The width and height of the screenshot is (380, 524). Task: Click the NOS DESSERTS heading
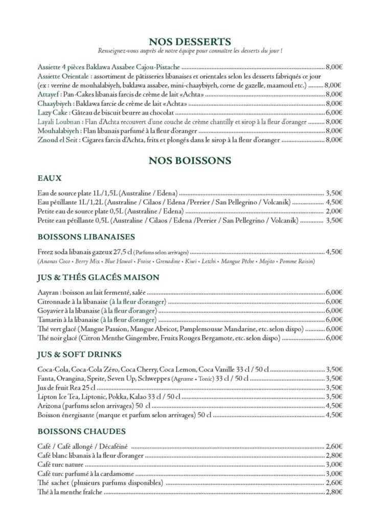(189, 41)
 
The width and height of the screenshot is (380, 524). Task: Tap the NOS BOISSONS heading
(189, 161)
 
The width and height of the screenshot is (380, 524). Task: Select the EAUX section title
(50, 179)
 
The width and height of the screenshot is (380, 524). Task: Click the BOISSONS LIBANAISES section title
(86, 237)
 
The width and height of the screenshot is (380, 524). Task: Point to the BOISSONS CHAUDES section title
(82, 430)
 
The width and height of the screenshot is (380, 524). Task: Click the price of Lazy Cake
(333, 113)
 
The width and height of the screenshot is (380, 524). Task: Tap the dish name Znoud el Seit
(58, 140)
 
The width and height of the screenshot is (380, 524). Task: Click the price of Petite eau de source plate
(333, 211)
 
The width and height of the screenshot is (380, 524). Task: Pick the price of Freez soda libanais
(333, 252)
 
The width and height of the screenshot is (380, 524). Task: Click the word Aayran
(47, 292)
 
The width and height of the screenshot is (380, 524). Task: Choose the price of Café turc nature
(333, 464)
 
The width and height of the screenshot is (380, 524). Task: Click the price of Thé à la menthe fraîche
(333, 492)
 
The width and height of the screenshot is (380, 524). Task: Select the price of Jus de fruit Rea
(333, 387)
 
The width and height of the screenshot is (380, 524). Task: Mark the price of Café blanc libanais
(333, 455)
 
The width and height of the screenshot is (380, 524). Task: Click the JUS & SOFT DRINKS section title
(79, 354)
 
